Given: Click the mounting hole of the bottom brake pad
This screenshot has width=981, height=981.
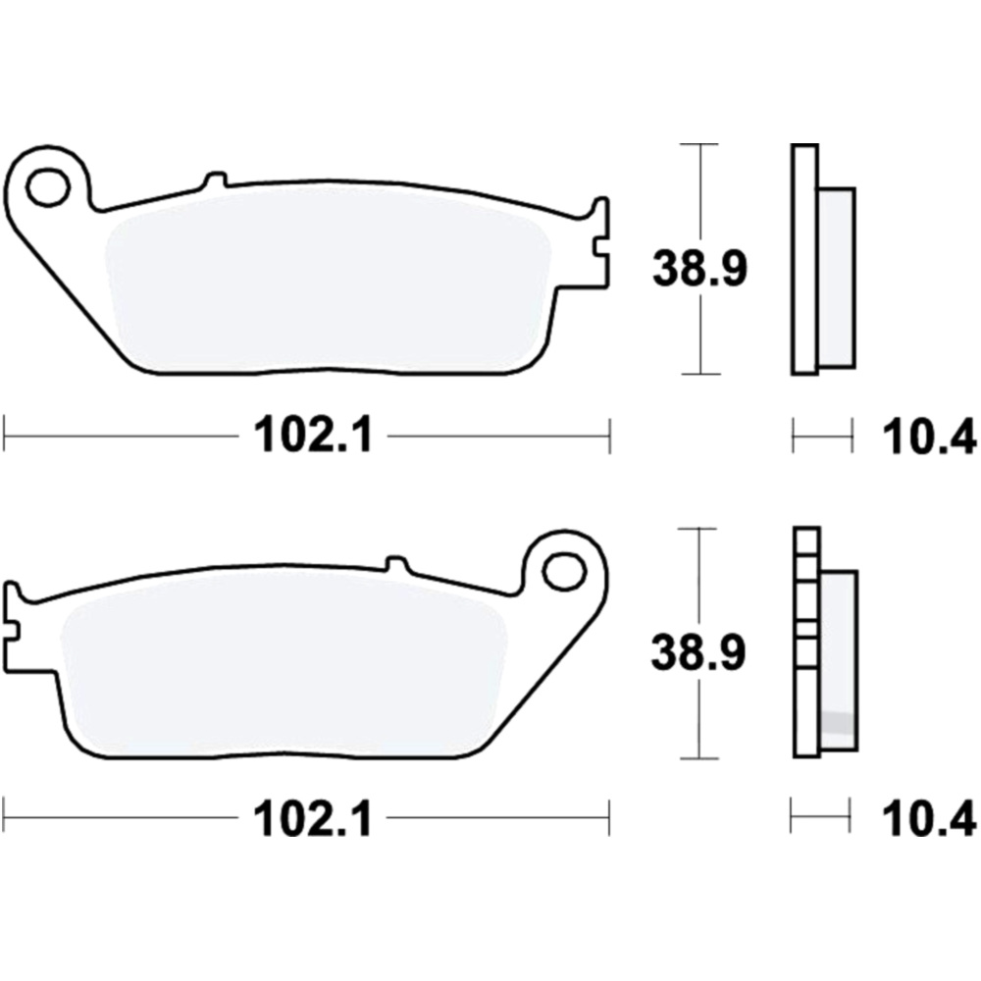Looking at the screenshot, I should pos(563,570).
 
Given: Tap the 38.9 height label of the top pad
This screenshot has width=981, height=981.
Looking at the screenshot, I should pos(700,268).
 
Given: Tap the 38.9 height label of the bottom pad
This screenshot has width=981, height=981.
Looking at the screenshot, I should pos(700,651).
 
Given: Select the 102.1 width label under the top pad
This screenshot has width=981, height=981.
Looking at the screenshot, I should pos(313,435).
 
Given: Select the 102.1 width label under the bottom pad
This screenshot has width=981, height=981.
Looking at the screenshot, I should pos(313,818).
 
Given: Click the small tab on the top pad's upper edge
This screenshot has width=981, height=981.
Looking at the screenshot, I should pos(216,180).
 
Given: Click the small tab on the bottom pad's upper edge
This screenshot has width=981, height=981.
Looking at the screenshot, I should pos(396,563).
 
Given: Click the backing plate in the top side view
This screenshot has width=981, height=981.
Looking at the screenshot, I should pos(803,260).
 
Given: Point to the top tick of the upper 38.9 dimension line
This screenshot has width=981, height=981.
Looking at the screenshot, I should pos(700,145).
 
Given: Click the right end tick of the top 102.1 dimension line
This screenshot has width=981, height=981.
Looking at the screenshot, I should pos(610,435).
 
